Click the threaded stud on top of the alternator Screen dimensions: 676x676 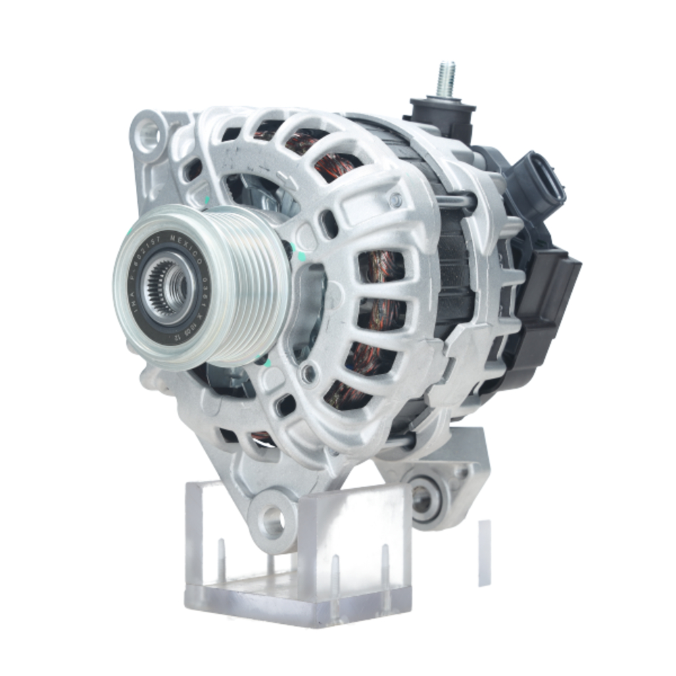tap(445, 79)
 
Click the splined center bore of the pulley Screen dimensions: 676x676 tap(168, 288)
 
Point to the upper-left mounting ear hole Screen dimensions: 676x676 tap(149, 133)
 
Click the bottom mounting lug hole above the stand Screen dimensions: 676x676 tap(273, 520)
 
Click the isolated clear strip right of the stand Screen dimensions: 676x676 tap(485, 551)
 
